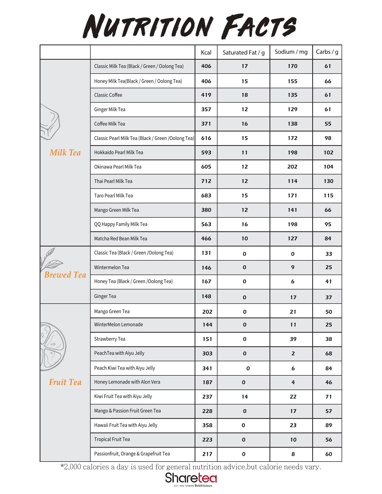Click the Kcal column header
pos(206,52)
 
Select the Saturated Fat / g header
pos(244,52)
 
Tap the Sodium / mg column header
pos(291,52)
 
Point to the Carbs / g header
pos(327,52)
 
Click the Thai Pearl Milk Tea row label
pos(113,181)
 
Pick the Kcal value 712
pos(206,181)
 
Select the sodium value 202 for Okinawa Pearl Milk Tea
pos(292,167)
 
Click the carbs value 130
pos(328,181)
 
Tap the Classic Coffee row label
pos(108,95)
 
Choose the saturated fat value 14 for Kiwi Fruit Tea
pos(245,397)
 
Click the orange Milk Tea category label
pos(65,153)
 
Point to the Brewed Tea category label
pos(65,275)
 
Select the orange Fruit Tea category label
pos(65,382)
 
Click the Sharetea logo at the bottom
pos(191,478)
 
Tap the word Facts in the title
pos(259,27)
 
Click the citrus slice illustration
pos(53,346)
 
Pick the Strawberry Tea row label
pos(110,339)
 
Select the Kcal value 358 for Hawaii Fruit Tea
pos(207,425)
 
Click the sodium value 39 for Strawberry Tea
pos(293,339)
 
